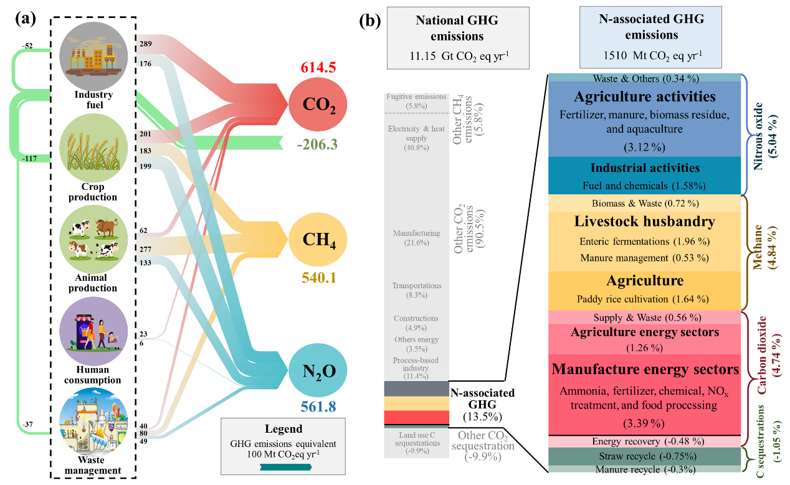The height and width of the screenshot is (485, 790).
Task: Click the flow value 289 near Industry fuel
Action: [146, 43]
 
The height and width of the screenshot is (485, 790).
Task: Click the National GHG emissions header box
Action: [458, 37]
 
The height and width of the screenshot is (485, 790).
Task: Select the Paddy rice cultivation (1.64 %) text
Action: [644, 298]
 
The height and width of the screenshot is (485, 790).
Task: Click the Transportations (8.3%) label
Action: [417, 286]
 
